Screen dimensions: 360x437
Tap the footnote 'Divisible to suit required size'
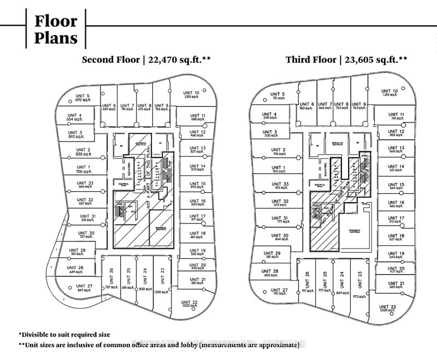coord(64,334)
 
